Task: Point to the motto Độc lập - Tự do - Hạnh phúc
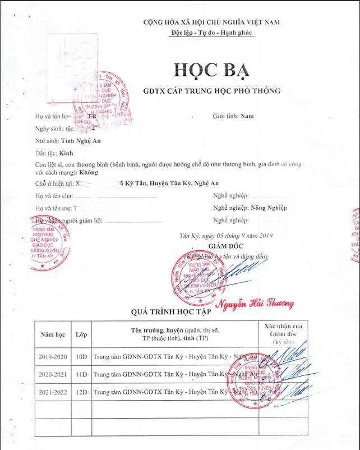point(211,33)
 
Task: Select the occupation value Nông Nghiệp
point(269,208)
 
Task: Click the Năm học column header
point(53,334)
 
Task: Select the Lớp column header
point(81,334)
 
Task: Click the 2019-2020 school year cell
point(53,357)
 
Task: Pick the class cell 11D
point(81,374)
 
